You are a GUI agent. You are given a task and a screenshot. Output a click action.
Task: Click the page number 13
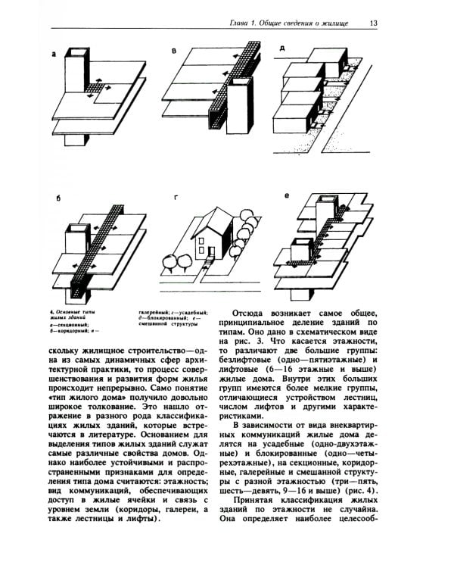click(374, 23)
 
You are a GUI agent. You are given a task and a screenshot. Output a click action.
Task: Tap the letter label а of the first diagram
click(54, 54)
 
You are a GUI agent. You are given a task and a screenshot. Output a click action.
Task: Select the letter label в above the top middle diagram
click(175, 51)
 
